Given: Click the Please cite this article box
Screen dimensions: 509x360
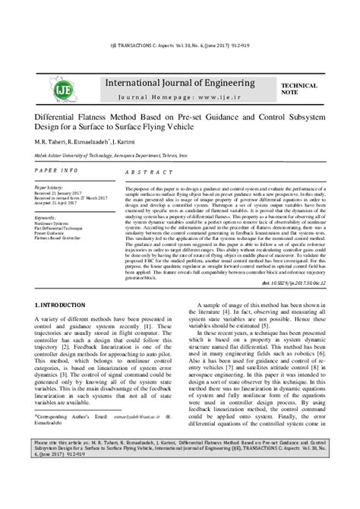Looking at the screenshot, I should click(180, 490).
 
